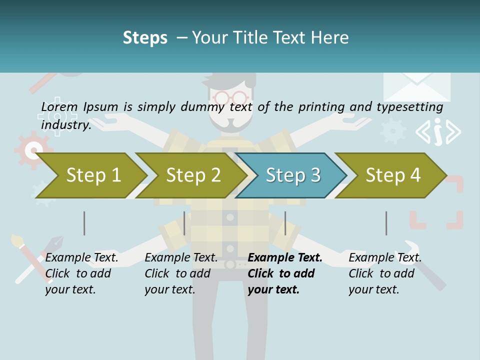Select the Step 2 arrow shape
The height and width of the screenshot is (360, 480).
pyautogui.click(x=192, y=175)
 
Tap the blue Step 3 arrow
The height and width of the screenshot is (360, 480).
pyautogui.click(x=292, y=175)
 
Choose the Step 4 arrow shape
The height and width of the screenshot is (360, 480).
pyautogui.click(x=392, y=175)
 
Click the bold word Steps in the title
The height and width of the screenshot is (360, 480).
pyautogui.click(x=145, y=38)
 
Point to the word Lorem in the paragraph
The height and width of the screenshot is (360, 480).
pyautogui.click(x=59, y=106)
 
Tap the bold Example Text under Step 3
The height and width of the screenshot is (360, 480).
pyautogui.click(x=285, y=257)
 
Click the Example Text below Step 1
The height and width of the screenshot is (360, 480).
pyautogui.click(x=81, y=257)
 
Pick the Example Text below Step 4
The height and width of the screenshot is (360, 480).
pyautogui.click(x=385, y=257)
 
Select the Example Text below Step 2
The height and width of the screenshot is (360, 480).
pyautogui.click(x=181, y=257)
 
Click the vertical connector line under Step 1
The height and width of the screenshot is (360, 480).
pyautogui.click(x=84, y=223)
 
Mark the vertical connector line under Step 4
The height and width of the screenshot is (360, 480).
pyautogui.click(x=386, y=223)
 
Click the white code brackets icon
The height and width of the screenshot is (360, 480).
pyautogui.click(x=438, y=132)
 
